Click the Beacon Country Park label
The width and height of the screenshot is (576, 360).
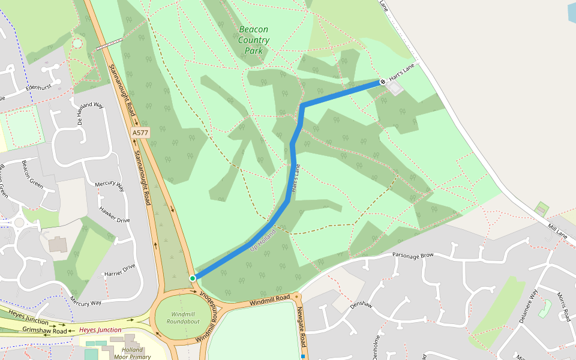[253, 40]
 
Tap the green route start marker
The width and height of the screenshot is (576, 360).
[193, 278]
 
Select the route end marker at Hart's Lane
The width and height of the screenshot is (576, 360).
[383, 82]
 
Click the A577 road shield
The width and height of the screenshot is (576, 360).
[140, 132]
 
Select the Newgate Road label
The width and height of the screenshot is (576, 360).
[302, 328]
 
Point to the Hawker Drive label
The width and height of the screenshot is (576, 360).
[115, 215]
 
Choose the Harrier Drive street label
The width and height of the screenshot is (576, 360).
[120, 271]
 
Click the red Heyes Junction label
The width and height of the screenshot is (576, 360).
[100, 330]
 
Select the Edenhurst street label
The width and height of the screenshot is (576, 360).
[40, 88]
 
